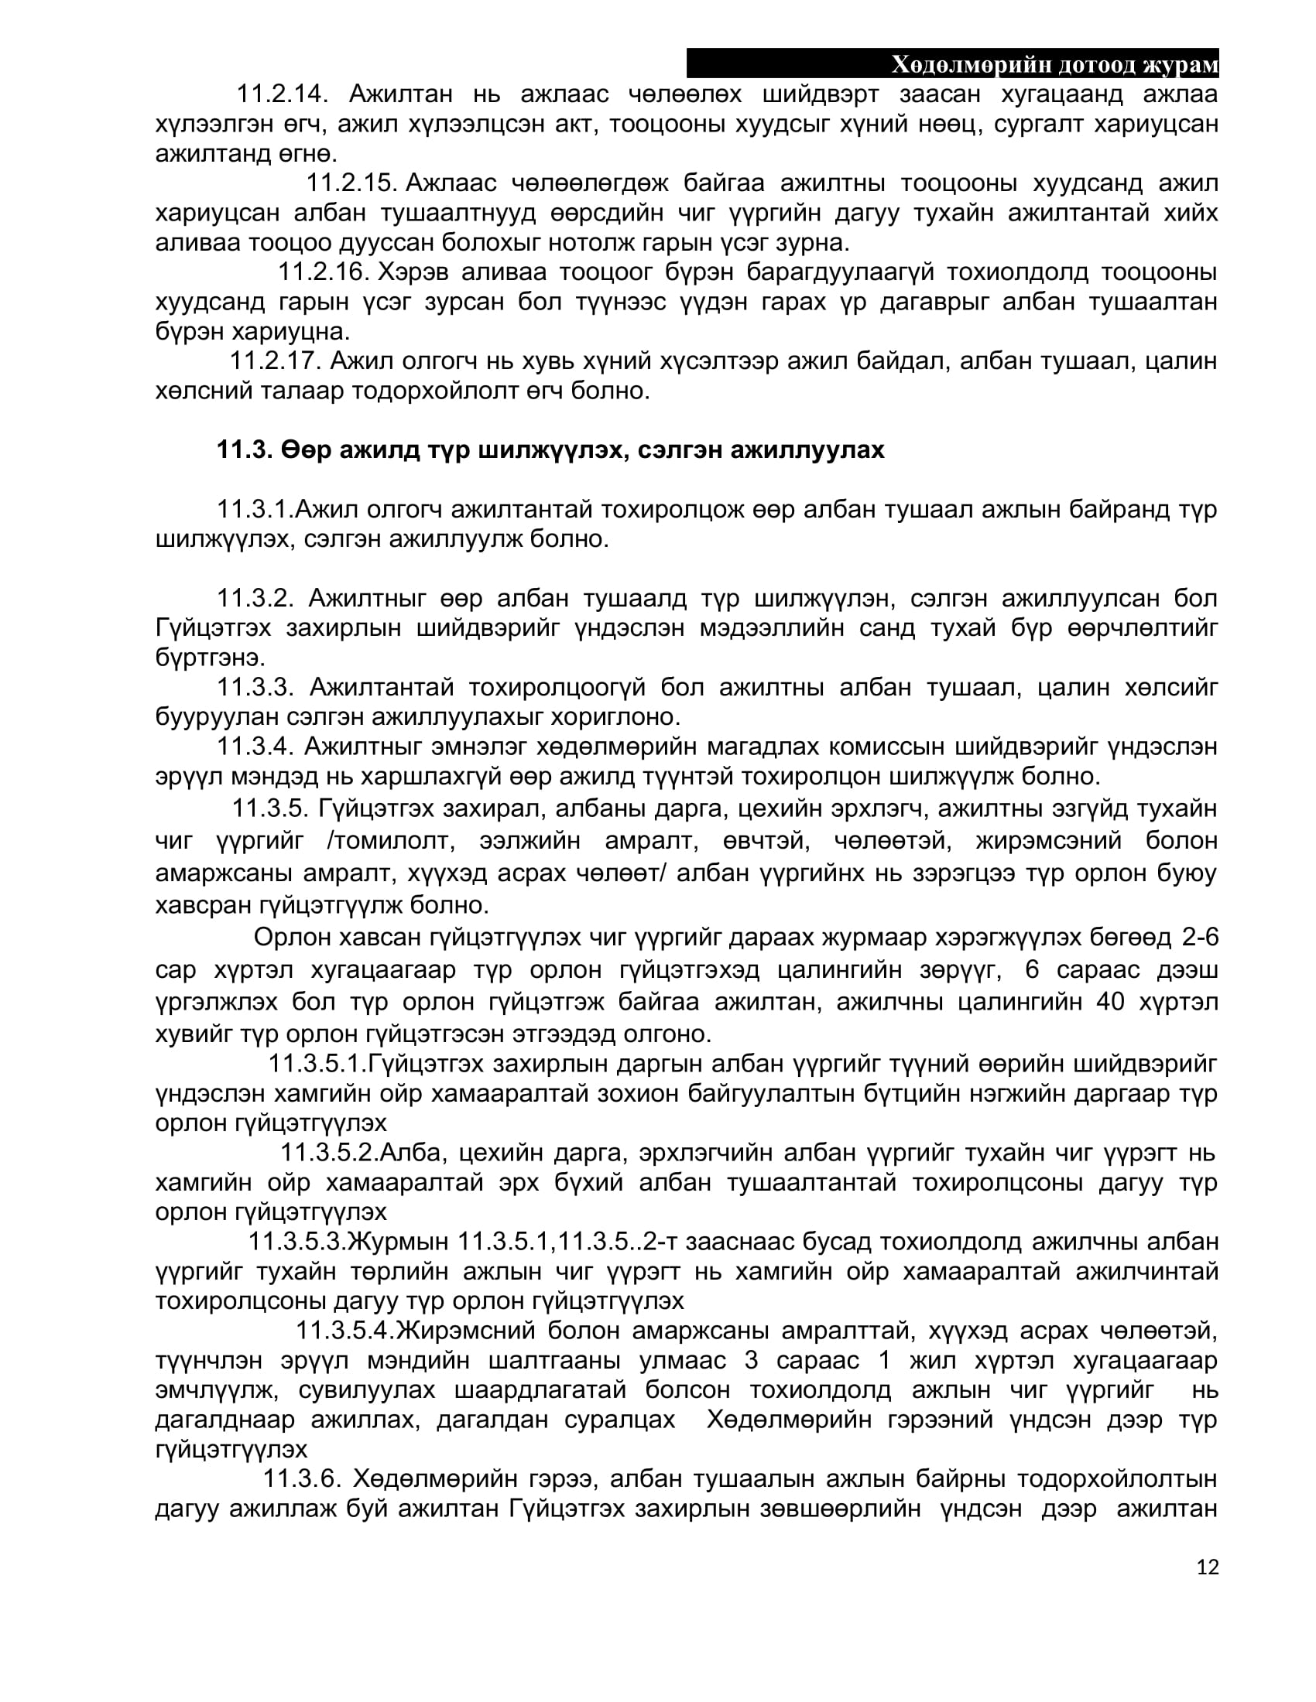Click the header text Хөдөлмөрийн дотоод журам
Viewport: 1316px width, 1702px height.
[1054, 66]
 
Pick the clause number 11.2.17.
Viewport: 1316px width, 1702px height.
[275, 361]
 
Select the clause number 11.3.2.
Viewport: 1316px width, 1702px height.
[255, 598]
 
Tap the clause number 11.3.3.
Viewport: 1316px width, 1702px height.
[255, 686]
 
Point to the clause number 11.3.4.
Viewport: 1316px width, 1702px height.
[255, 747]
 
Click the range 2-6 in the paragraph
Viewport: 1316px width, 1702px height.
[1200, 936]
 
